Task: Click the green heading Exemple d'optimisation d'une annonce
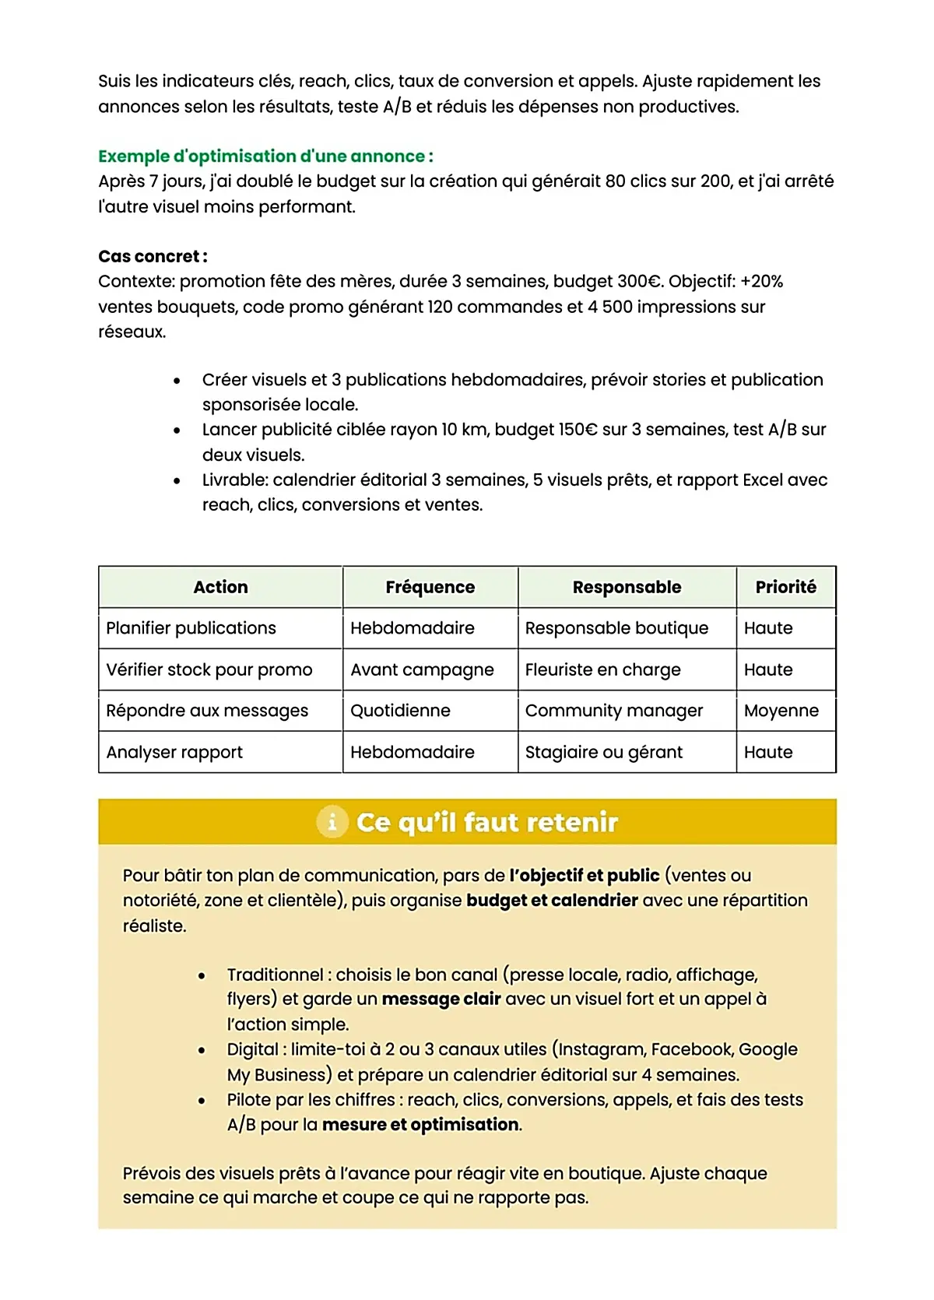click(x=265, y=156)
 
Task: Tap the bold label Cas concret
click(x=153, y=257)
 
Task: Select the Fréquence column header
click(x=430, y=588)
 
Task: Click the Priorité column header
click(x=785, y=588)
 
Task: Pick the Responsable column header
click(x=627, y=588)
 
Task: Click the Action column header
click(x=220, y=588)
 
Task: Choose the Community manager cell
click(x=613, y=711)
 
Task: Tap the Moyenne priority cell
click(x=781, y=711)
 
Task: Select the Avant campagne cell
click(x=422, y=670)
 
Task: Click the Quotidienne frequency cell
click(x=400, y=711)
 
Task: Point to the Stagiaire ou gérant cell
click(x=603, y=753)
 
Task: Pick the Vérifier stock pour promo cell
click(x=209, y=670)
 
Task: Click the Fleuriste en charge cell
click(x=602, y=670)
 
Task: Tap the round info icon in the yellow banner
click(x=332, y=822)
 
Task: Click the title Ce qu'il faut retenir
click(x=486, y=823)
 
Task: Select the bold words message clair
click(x=441, y=1000)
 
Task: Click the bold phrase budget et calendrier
click(x=552, y=901)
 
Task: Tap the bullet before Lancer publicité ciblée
click(x=177, y=430)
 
